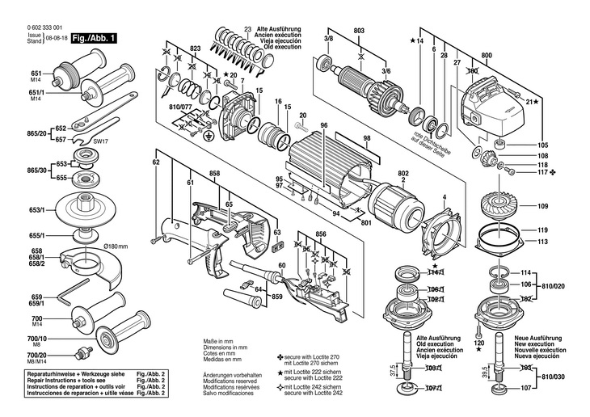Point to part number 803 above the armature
[x=359, y=31]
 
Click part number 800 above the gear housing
[x=486, y=55]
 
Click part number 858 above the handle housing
[x=214, y=174]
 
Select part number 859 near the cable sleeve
[x=277, y=297]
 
